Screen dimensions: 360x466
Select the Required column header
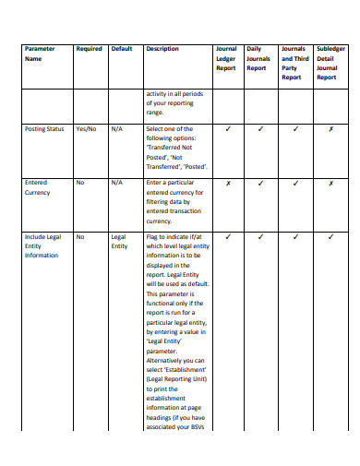point(90,48)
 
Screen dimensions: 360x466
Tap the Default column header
point(122,48)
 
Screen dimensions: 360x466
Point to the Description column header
point(162,48)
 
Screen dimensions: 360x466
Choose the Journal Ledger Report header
point(226,58)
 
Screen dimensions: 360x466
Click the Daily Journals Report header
point(258,58)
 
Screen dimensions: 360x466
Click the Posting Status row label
point(44,129)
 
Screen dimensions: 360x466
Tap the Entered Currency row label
point(38,187)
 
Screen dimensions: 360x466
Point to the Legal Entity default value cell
point(119,241)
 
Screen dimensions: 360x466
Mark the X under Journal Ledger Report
point(227,183)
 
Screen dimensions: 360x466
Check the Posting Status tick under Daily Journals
point(261,129)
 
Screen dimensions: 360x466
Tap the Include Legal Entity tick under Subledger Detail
point(330,236)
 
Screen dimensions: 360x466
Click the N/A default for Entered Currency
point(116,183)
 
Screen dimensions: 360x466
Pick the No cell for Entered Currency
point(80,183)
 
